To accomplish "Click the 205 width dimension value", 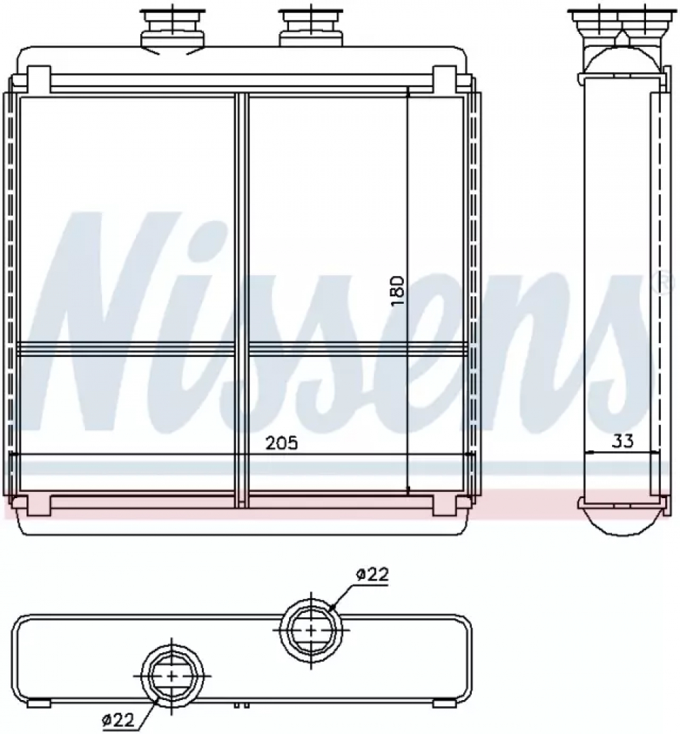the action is point(282,443).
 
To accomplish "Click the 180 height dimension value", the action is point(397,291).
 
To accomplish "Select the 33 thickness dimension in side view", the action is point(622,440).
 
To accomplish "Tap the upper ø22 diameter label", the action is point(372,575).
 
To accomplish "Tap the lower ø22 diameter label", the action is point(118,720).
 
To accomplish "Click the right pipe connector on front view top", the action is point(311,27).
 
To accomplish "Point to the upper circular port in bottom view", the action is point(311,629).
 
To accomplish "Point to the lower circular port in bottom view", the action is point(172,676).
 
